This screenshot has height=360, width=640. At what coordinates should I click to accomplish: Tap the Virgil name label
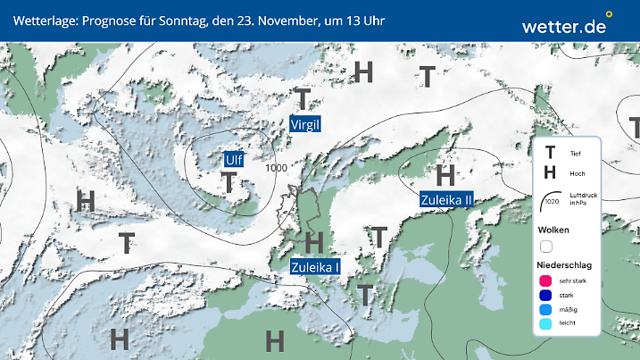coord(305,125)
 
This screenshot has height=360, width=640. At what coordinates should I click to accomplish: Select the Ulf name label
coord(234,160)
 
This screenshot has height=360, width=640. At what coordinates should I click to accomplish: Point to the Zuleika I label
coord(315,266)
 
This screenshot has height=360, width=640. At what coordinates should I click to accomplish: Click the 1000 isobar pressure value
coord(277,168)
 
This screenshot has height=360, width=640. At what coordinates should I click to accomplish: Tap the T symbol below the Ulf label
coord(229,183)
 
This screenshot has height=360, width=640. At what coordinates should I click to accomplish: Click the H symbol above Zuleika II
coord(445,175)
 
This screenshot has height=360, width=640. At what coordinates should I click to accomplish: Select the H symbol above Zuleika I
coord(313,241)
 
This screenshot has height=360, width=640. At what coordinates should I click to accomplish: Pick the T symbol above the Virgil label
coord(303,99)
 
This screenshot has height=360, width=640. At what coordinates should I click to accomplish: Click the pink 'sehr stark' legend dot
coord(545,282)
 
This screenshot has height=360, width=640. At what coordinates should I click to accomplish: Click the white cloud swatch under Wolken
coord(546,246)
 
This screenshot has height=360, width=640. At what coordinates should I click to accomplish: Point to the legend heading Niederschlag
coord(564,265)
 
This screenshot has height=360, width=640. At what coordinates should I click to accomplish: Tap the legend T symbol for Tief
coord(550,153)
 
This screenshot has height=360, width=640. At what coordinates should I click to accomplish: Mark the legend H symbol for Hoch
coord(550,172)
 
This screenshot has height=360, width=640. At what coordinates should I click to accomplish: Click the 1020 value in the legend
coord(551,202)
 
